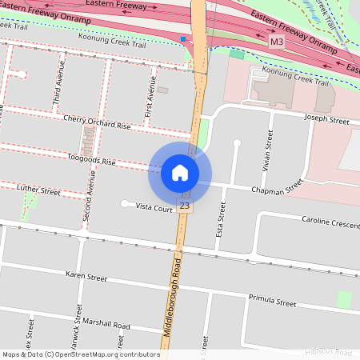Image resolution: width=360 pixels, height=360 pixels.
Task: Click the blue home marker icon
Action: pyautogui.click(x=180, y=172)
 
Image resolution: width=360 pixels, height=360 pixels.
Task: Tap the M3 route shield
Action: pyautogui.click(x=277, y=41)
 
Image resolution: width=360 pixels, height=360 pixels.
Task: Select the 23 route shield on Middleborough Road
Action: pyautogui.click(x=186, y=206)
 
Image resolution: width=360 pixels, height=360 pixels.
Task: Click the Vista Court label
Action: pyautogui.click(x=154, y=207)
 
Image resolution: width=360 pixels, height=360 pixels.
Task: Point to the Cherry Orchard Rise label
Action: pyautogui.click(x=97, y=122)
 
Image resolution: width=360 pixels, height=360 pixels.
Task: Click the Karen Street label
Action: pyautogui.click(x=86, y=278)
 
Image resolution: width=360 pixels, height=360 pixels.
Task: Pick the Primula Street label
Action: pyautogui.click(x=273, y=302)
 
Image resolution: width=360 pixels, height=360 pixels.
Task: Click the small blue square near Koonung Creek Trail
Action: pyautogui.click(x=183, y=38)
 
